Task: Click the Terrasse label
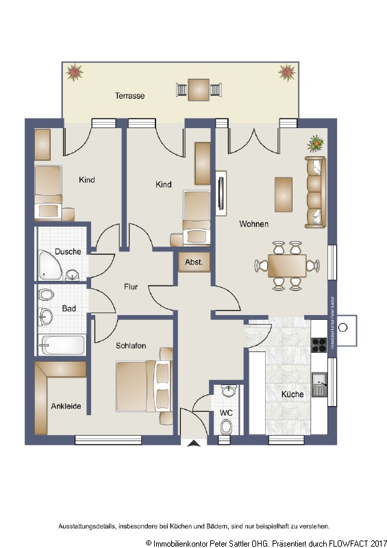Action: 129,96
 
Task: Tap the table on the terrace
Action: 199,89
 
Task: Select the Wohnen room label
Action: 253,224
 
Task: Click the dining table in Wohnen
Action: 287,264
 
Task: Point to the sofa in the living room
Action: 315,192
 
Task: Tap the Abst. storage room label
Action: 194,262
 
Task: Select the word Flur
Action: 132,287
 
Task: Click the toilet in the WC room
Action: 227,426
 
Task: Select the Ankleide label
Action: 66,406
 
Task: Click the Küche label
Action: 292,395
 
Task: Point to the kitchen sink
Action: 319,384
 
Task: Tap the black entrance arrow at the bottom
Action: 194,443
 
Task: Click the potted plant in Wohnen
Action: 316,143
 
